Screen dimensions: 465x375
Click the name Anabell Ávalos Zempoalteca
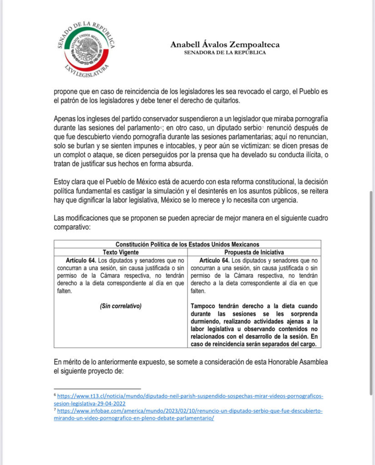[x=225, y=45]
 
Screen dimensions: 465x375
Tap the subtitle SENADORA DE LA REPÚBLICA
[x=225, y=52]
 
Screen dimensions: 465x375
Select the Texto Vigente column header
[x=120, y=252]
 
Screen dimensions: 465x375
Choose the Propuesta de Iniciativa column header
[x=254, y=252]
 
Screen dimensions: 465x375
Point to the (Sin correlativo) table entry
[x=120, y=306]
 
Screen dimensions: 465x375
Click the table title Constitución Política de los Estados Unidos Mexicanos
[x=187, y=244]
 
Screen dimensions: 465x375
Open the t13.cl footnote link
[x=188, y=400]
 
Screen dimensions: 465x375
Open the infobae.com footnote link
[x=188, y=415]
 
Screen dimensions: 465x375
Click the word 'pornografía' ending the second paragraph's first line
[x=302, y=120]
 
